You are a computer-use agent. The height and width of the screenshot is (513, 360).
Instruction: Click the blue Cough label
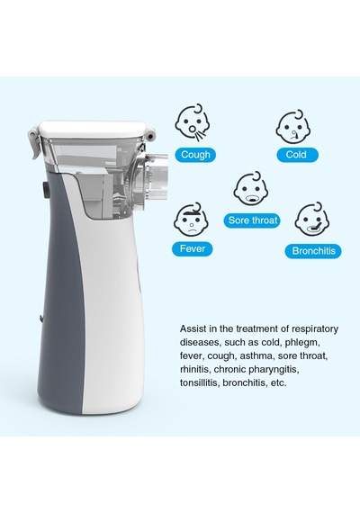(195, 155)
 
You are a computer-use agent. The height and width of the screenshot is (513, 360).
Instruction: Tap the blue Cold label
(297, 155)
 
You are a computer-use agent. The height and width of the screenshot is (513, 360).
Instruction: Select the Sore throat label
(252, 220)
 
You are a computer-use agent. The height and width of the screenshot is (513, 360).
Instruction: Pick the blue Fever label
(193, 249)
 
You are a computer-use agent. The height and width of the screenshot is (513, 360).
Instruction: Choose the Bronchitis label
(313, 251)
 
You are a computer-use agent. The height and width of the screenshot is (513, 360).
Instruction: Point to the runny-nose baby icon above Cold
(292, 127)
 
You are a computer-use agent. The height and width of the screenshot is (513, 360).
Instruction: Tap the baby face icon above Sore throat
(251, 190)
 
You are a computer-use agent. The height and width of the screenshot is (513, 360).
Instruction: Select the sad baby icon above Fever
(191, 220)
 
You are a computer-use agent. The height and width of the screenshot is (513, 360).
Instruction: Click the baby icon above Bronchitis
(311, 220)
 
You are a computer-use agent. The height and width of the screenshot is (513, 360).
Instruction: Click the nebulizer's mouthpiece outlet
(157, 176)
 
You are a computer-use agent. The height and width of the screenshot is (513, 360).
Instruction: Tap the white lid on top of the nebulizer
(93, 128)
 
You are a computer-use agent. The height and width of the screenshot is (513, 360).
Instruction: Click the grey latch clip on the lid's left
(34, 141)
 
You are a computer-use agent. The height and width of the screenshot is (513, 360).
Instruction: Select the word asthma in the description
(252, 356)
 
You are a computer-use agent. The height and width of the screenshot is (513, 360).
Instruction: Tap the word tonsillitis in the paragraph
(199, 382)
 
